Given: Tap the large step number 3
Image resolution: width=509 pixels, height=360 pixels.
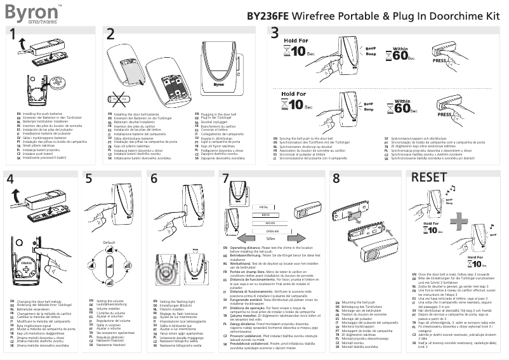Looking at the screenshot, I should (274, 34).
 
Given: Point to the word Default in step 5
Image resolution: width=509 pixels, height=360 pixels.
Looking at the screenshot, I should (109, 243).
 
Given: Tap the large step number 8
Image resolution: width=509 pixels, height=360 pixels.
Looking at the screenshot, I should (336, 180).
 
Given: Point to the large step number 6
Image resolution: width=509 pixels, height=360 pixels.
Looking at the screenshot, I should (154, 180).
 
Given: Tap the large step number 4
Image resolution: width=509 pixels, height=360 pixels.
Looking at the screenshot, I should (10, 180).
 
